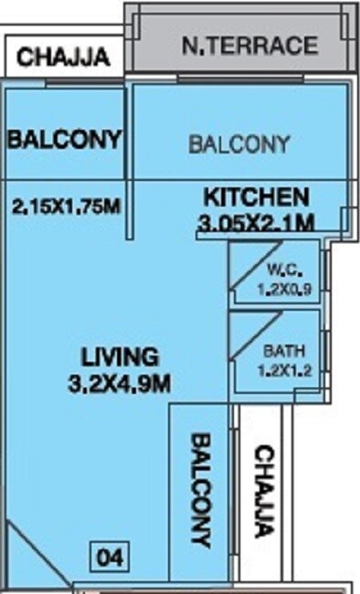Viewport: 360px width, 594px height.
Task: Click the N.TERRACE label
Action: pyautogui.click(x=249, y=46)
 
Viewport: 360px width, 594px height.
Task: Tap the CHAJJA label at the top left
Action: pyautogui.click(x=64, y=58)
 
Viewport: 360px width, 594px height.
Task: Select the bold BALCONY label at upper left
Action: pyautogui.click(x=64, y=140)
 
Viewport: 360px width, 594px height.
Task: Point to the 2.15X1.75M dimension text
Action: pyautogui.click(x=66, y=207)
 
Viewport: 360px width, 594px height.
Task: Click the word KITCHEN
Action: pyautogui.click(x=256, y=196)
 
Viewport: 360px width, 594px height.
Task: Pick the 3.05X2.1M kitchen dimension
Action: pyautogui.click(x=256, y=222)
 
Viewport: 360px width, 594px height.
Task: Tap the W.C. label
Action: pyautogui.click(x=281, y=270)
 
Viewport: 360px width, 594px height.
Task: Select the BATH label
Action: pyautogui.click(x=280, y=350)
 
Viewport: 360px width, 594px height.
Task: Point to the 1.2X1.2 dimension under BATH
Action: pyautogui.click(x=280, y=373)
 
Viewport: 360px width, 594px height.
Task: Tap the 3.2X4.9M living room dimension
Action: pyautogui.click(x=120, y=385)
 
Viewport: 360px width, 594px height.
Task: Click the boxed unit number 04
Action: pyautogui.click(x=110, y=556)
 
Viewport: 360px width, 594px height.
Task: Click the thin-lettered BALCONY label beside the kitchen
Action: pyautogui.click(x=238, y=144)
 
